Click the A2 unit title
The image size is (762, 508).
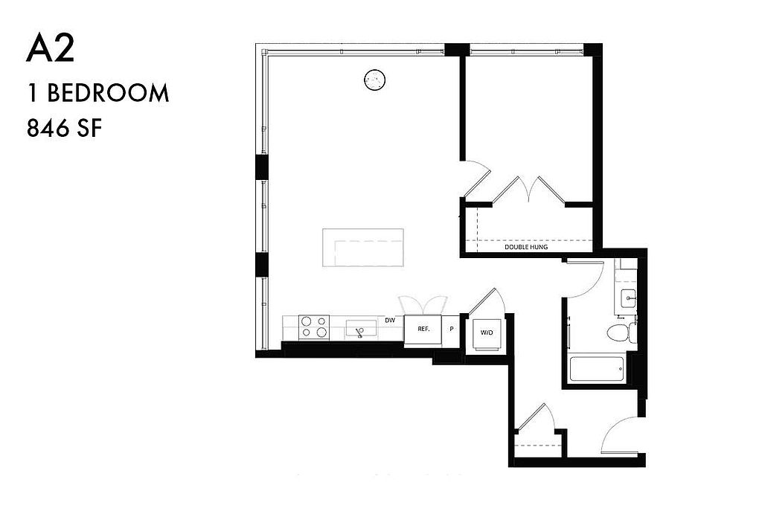click(50, 49)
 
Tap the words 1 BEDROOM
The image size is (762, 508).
click(99, 93)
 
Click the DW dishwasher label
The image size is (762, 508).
click(390, 321)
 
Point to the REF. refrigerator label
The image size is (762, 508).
click(423, 329)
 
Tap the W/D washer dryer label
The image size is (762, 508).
click(487, 332)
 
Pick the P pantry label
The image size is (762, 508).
click(452, 329)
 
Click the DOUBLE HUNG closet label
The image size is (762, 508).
click(526, 247)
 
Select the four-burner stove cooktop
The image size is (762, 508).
click(314, 327)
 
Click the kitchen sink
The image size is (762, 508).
click(361, 328)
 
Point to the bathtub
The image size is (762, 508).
click(598, 370)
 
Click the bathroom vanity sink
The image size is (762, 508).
click(628, 296)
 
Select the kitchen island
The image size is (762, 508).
click(363, 247)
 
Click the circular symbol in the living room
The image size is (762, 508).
click(375, 79)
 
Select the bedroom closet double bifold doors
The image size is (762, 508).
click(529, 190)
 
